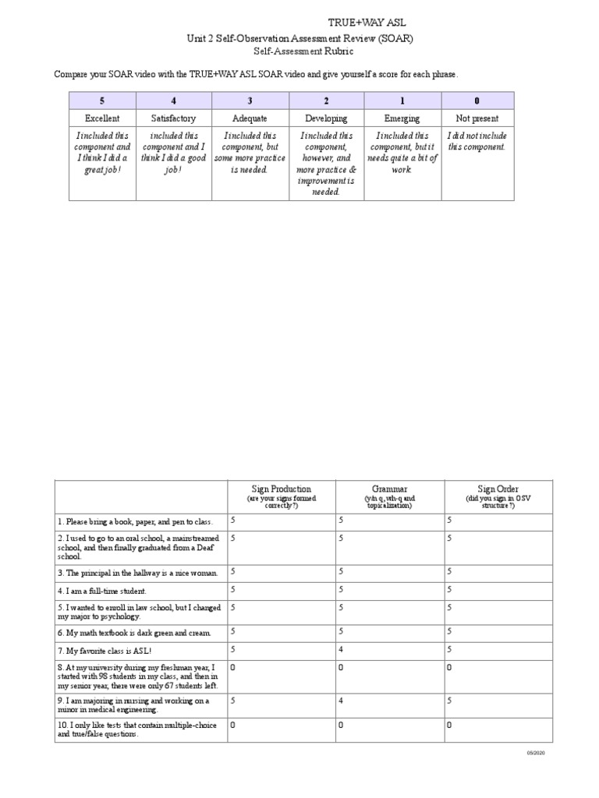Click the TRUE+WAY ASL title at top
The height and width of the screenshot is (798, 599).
(365, 23)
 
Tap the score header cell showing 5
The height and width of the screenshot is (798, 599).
(102, 101)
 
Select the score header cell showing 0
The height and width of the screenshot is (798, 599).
(477, 101)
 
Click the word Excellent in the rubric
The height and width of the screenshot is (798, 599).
(102, 118)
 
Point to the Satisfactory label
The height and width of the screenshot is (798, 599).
(173, 118)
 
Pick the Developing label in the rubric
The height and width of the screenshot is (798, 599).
(326, 118)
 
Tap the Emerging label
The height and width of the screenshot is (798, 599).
(402, 118)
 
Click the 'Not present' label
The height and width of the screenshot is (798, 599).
(477, 118)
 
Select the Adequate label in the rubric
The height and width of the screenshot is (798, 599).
(250, 118)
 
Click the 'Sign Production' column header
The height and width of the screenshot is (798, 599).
(281, 489)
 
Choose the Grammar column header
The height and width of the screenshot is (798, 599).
(389, 489)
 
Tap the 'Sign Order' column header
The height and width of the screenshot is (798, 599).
(498, 489)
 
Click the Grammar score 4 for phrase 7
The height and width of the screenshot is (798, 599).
(341, 648)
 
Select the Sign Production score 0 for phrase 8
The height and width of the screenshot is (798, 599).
(232, 668)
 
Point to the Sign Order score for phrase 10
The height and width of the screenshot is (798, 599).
(449, 726)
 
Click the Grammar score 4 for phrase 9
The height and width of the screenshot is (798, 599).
(341, 701)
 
